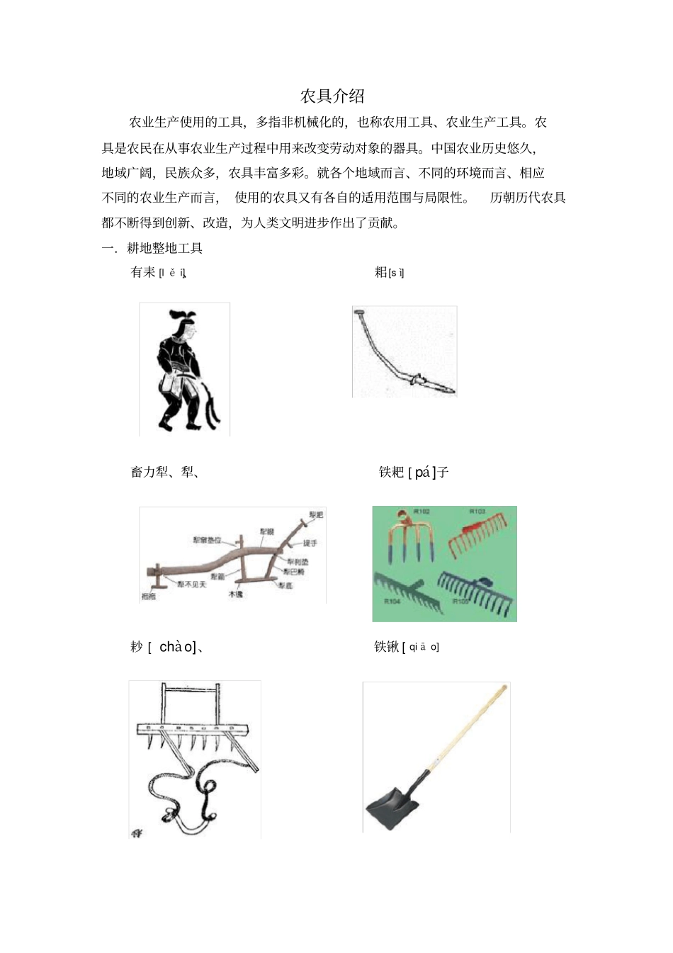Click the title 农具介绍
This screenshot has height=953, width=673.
[x=332, y=96]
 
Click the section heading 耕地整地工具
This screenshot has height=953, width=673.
[x=164, y=248]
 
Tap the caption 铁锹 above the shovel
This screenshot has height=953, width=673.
[x=387, y=647]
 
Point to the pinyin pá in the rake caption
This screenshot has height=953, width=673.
[x=422, y=473]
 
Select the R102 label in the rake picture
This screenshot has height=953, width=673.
[x=422, y=511]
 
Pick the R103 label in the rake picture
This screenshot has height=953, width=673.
[x=477, y=511]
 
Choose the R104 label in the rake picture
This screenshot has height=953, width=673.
[x=392, y=601]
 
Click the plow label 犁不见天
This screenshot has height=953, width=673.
[x=191, y=585]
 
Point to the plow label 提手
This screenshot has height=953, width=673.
[x=310, y=543]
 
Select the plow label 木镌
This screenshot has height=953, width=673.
[x=235, y=594]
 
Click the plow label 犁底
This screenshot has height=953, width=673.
[x=285, y=585]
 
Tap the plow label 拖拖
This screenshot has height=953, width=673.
[x=148, y=597]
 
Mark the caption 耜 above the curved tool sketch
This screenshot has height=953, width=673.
[x=381, y=272]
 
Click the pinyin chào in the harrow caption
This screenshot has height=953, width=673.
[x=176, y=647]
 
